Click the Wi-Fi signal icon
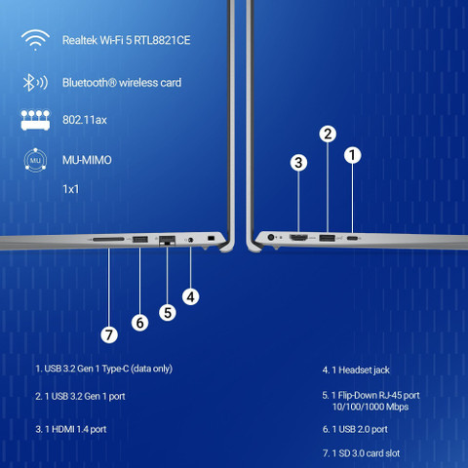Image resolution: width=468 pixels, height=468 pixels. tap(35, 40)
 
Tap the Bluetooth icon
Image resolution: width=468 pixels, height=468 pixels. tap(35, 83)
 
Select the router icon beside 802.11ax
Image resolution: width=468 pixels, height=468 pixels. tap(35, 120)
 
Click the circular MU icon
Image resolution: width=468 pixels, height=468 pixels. tap(35, 160)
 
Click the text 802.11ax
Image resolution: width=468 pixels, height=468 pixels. tap(85, 120)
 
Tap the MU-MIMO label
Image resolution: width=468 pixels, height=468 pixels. tap(87, 160)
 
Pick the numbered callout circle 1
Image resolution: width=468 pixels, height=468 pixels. tap(353, 155)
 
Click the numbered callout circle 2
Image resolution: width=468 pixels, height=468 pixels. tap(328, 134)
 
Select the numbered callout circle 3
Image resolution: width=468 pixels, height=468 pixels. tap(298, 163)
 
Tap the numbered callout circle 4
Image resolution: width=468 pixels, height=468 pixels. tap(191, 296)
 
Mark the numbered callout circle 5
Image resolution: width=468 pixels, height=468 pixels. tap(168, 313)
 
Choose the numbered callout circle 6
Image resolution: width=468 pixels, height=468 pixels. tap(140, 323)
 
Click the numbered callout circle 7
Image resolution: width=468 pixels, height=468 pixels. tap(109, 335)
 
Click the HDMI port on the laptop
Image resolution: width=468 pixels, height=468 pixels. tap(298, 238)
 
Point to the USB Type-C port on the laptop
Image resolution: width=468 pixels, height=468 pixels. tap(352, 238)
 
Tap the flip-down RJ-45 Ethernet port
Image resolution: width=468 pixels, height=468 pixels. tap(167, 241)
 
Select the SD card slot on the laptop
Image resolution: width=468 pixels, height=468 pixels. tap(108, 239)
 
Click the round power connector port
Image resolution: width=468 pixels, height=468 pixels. tap(271, 237)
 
